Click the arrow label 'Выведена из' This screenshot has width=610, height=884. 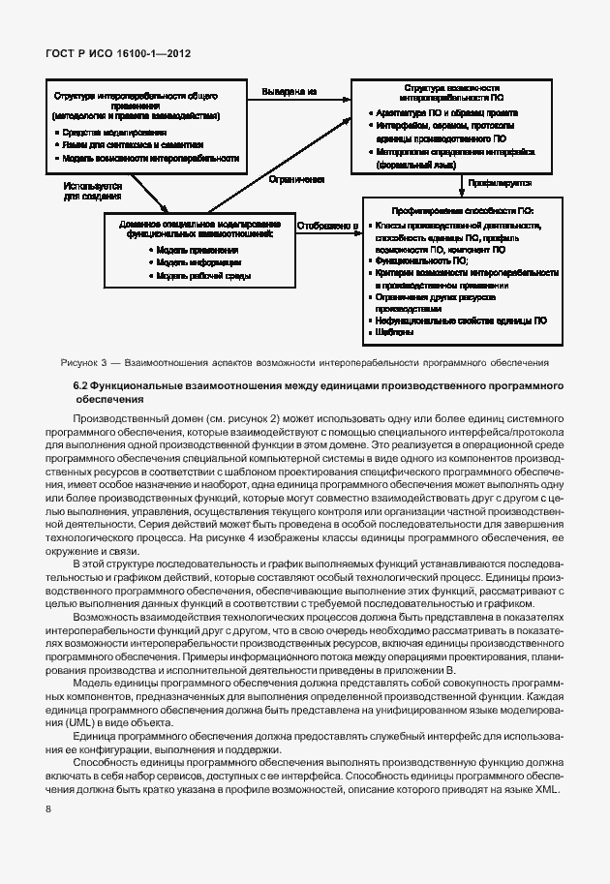pos(290,92)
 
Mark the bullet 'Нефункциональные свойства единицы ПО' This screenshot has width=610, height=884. pos(461,320)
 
